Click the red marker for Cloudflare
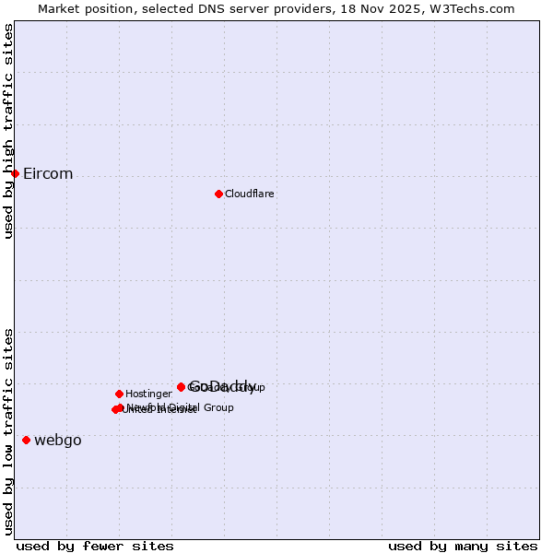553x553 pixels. click(x=218, y=194)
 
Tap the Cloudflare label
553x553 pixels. click(x=250, y=194)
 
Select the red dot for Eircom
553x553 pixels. click(x=15, y=173)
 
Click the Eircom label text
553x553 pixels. click(x=48, y=174)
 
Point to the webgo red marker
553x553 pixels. click(x=26, y=440)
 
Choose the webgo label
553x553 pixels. click(x=58, y=441)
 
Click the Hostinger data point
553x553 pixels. click(x=119, y=394)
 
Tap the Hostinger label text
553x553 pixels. click(x=148, y=394)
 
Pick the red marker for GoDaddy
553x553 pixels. click(x=181, y=387)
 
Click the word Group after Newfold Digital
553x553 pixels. click(x=218, y=407)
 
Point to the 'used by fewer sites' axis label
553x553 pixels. click(x=95, y=546)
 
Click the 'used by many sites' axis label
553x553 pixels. click(x=463, y=546)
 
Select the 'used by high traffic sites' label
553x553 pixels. click(x=9, y=132)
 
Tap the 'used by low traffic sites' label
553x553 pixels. click(x=9, y=430)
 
